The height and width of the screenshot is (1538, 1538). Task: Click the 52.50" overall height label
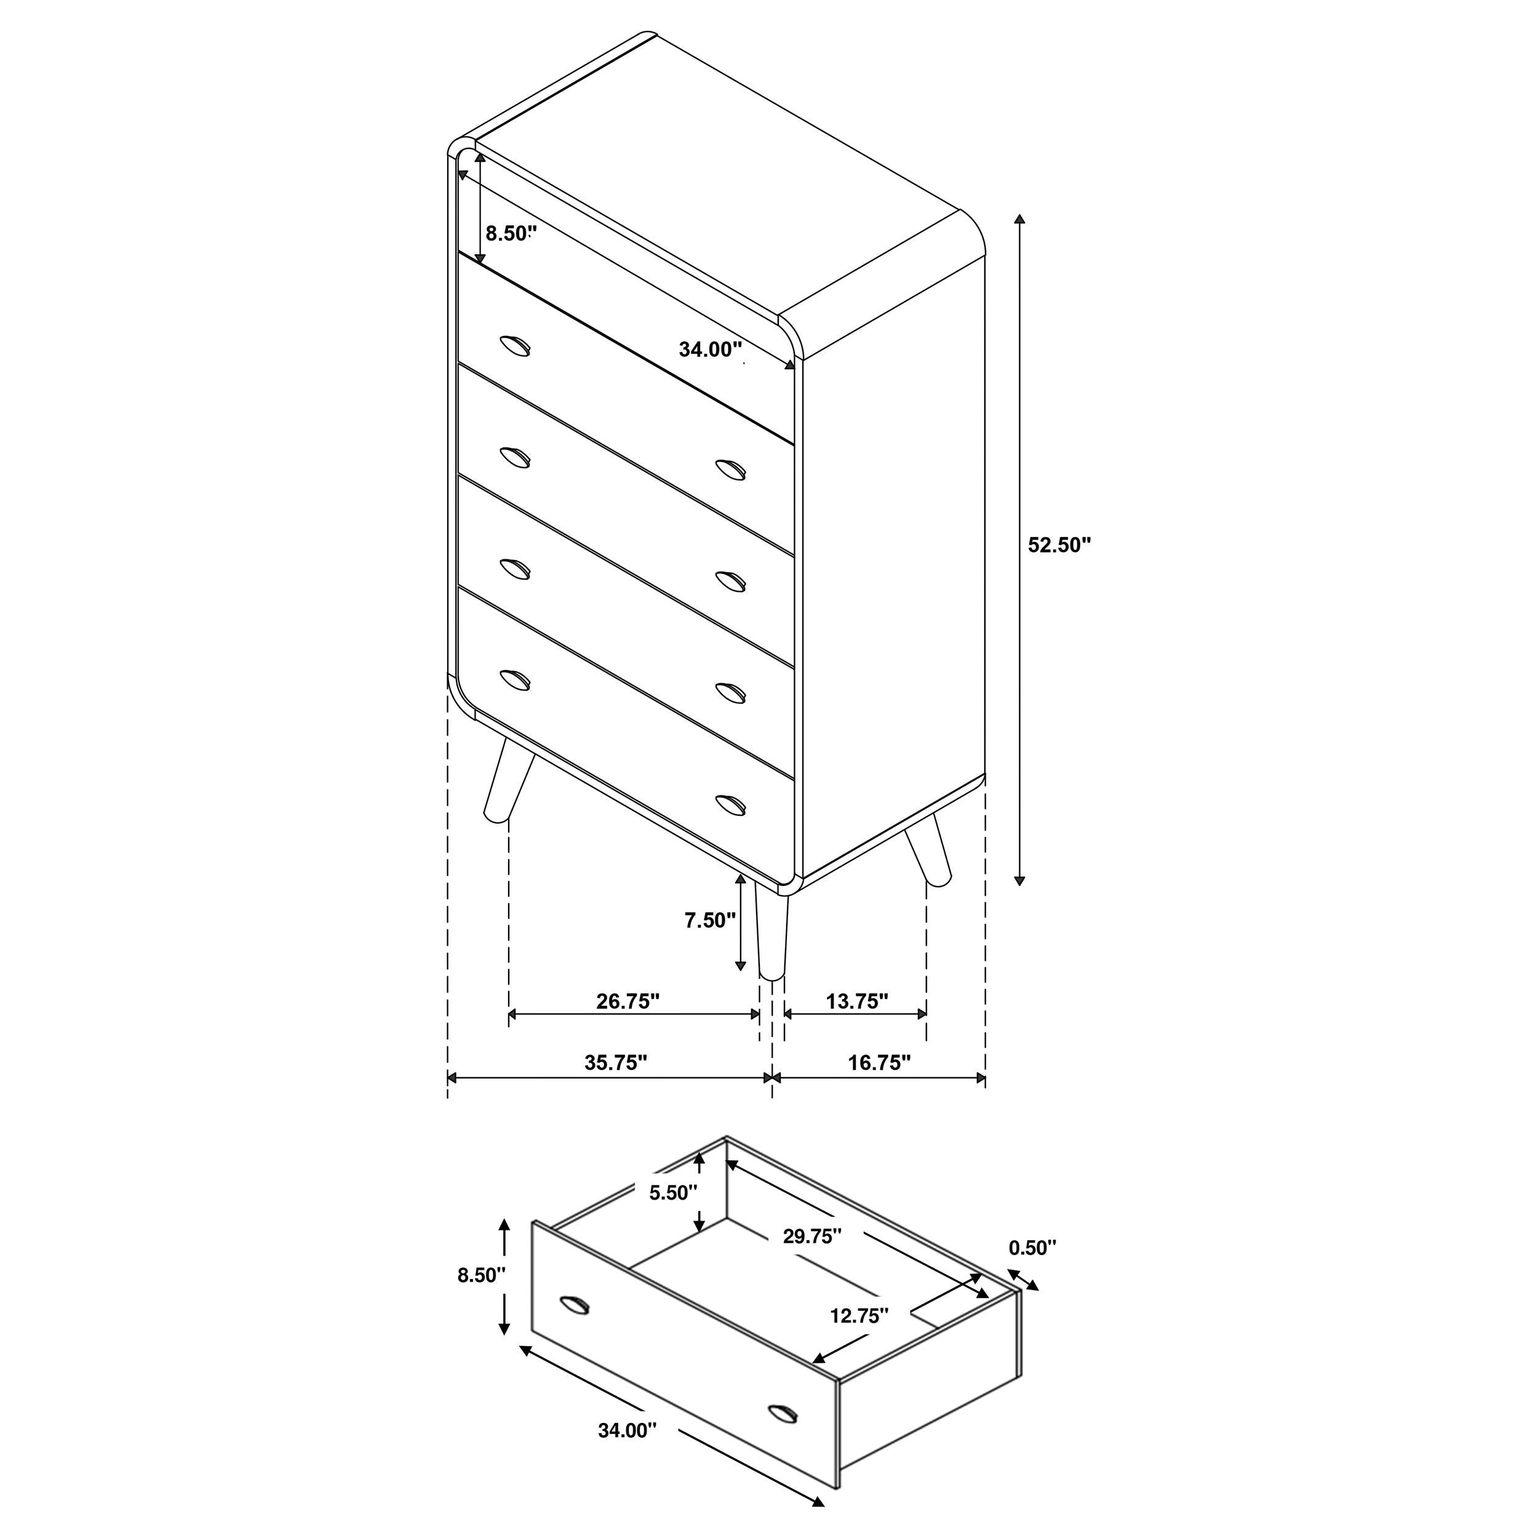[1059, 545]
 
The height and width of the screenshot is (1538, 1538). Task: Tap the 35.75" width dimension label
[615, 1062]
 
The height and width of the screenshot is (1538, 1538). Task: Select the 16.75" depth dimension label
[879, 1062]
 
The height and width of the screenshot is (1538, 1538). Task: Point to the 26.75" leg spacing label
[628, 1001]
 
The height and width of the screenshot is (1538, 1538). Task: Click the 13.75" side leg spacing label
[856, 1001]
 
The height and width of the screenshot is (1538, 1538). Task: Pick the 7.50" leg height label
[710, 920]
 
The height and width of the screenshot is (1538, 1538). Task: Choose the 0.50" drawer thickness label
[1032, 1248]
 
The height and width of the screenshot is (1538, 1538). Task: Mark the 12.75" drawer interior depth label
[859, 1316]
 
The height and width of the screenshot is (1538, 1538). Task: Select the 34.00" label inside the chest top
[710, 349]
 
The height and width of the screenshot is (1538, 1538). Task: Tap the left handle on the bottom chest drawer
[515, 679]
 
